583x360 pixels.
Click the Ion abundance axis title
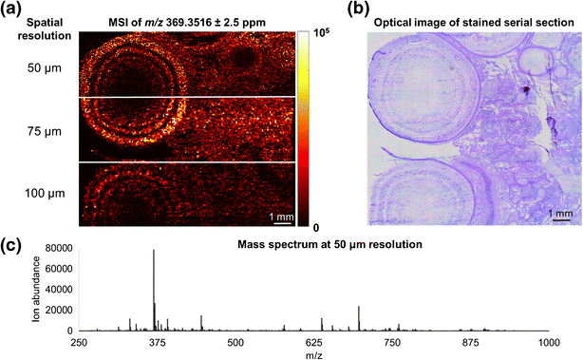click(x=36, y=290)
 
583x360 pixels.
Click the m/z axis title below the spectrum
click(x=313, y=352)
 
